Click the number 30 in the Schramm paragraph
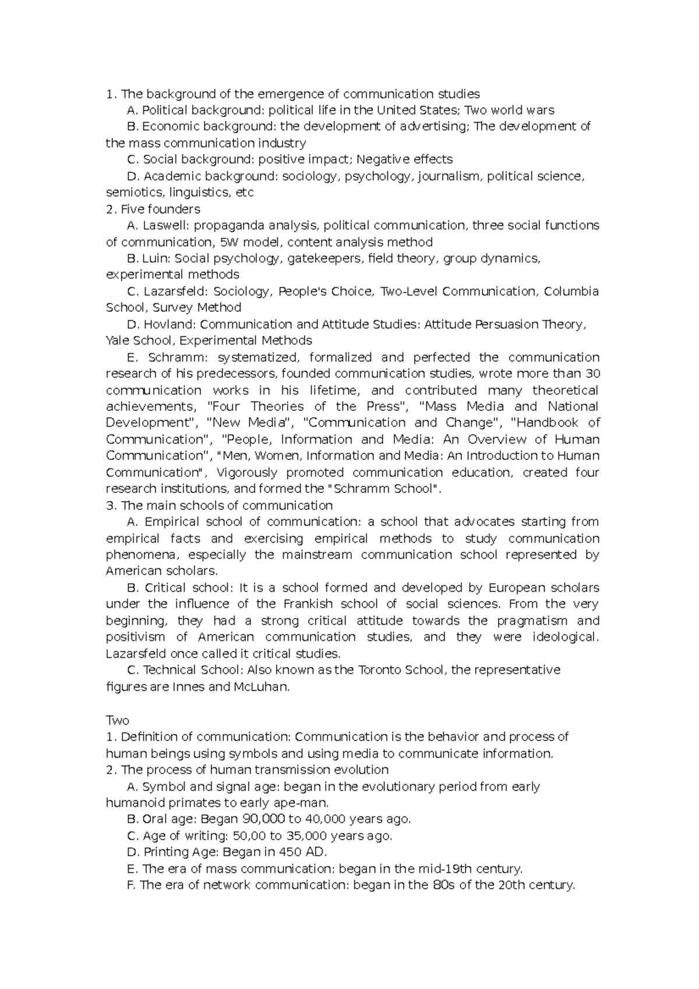[592, 374]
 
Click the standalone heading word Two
[117, 721]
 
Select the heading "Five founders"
[160, 209]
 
